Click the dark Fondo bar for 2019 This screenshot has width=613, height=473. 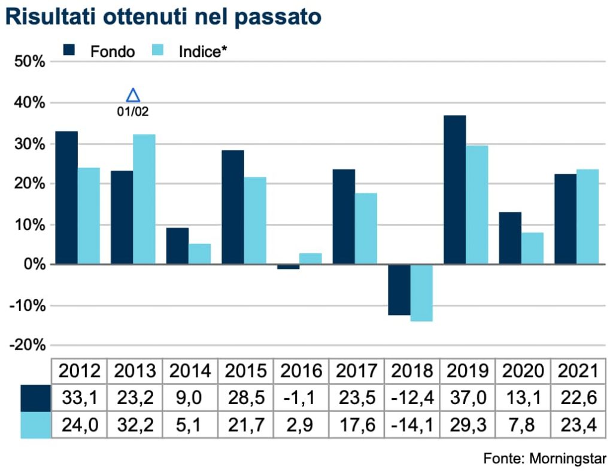455,189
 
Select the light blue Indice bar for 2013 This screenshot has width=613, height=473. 144,199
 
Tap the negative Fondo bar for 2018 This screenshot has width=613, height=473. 399,289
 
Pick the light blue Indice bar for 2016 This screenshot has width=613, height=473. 311,258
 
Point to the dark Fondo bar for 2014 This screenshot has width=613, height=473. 177,245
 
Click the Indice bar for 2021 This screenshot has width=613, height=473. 587,216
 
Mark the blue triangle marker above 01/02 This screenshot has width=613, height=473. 133,95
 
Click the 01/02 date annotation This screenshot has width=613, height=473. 133,111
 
